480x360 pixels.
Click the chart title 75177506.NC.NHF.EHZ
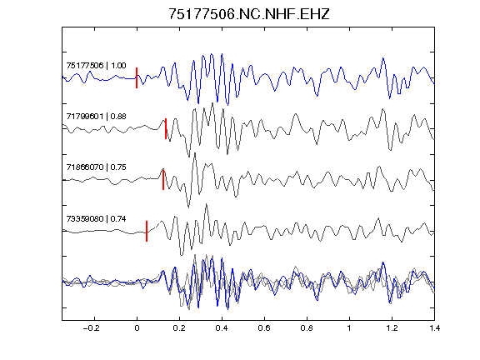pyautogui.click(x=249, y=14)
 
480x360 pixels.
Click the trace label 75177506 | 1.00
pyautogui.click(x=96, y=66)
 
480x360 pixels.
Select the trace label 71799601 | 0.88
pyautogui.click(x=96, y=117)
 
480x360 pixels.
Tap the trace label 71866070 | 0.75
pyautogui.click(x=96, y=167)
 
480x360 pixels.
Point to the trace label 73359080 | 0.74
pyautogui.click(x=96, y=219)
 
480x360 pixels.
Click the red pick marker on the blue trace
pyautogui.click(x=137, y=78)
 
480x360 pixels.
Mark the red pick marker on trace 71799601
pyautogui.click(x=166, y=129)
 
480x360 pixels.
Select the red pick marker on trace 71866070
pyautogui.click(x=163, y=180)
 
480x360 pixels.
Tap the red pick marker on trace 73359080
pyautogui.click(x=147, y=231)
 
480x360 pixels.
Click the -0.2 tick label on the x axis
pyautogui.click(x=92, y=328)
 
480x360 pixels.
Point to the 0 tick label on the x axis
pyautogui.click(x=137, y=328)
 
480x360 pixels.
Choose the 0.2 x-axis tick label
pyautogui.click(x=179, y=328)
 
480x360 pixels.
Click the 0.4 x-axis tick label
pyautogui.click(x=222, y=328)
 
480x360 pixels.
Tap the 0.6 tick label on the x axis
pyautogui.click(x=264, y=328)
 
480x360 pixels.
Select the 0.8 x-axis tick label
pyautogui.click(x=307, y=328)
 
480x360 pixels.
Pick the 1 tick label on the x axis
pyautogui.click(x=349, y=328)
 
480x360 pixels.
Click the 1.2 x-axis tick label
pyautogui.click(x=392, y=328)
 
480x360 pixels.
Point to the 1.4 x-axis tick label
pyautogui.click(x=434, y=328)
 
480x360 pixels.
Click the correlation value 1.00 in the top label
pyautogui.click(x=118, y=66)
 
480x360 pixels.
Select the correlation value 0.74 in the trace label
pyautogui.click(x=118, y=219)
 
